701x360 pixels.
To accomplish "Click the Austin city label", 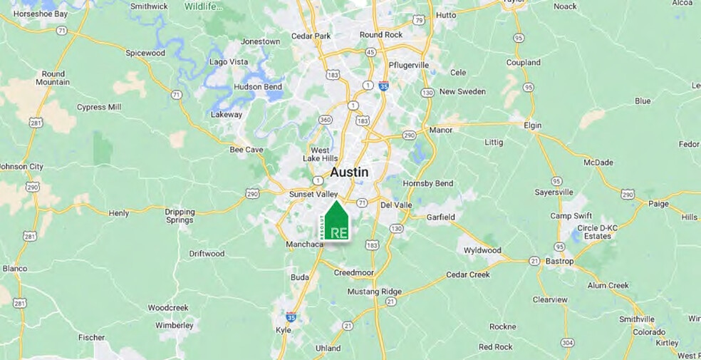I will coord(349,173).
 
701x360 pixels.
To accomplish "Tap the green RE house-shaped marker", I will coord(334,223).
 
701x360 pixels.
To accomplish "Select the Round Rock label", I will coord(381,34).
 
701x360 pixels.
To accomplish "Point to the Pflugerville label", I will coord(409,65).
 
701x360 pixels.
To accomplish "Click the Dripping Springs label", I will coord(180,215).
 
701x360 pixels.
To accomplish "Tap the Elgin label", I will coord(532,125).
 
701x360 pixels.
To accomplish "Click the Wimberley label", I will coord(174,325).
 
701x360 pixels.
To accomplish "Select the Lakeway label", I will coord(227,114).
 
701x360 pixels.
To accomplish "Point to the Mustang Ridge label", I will coord(375,292).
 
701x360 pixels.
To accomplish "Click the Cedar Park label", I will coord(311,36).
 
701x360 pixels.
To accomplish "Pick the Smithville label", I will coord(637,319).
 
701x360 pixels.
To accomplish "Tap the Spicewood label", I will coord(145,53).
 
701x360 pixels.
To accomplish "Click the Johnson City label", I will coord(21,167).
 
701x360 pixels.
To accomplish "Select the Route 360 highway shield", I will coord(325,119).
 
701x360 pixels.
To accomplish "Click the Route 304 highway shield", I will coord(567,343).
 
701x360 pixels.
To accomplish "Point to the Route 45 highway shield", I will coord(370,51).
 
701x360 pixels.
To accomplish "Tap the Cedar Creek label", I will coord(468,274).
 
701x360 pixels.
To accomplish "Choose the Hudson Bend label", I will coord(258,87).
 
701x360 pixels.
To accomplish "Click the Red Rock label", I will coord(495,347).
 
